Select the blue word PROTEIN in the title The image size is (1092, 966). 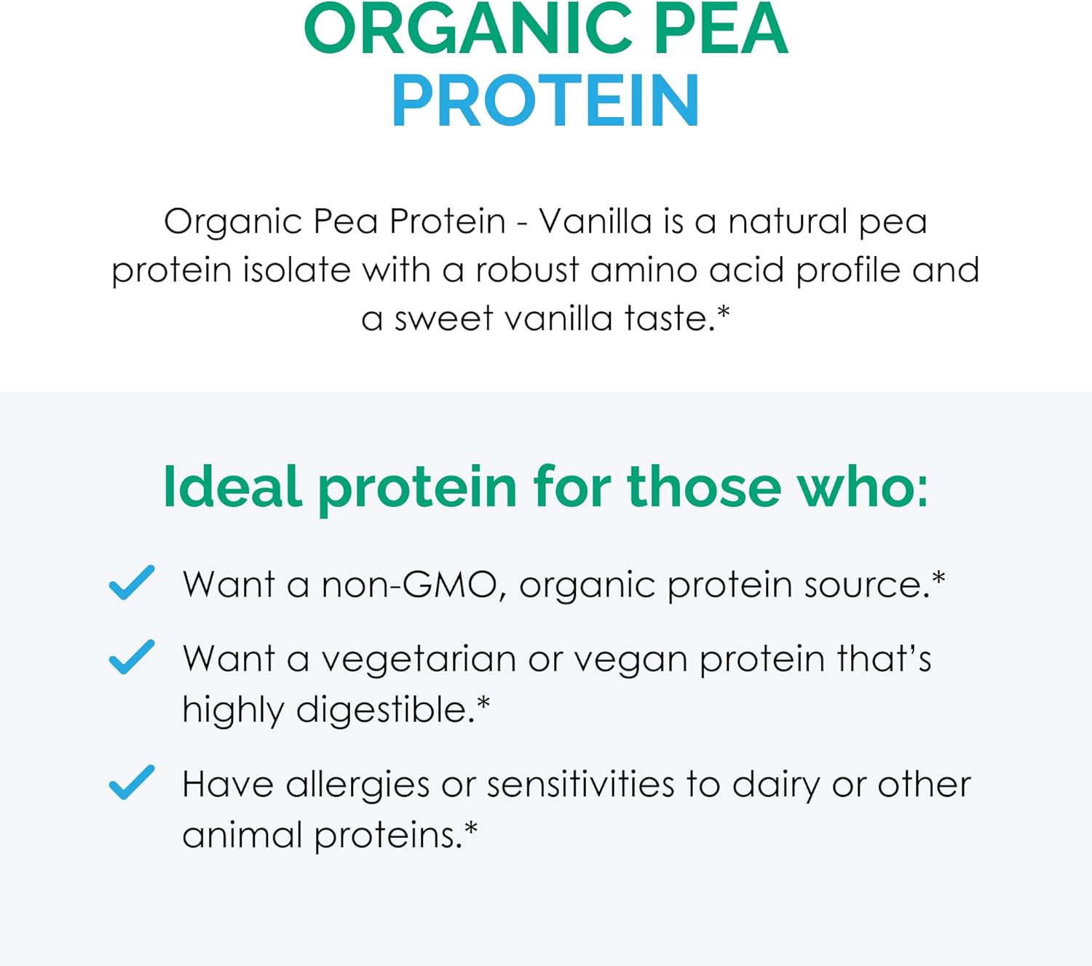point(545,100)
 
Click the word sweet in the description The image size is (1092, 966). point(443,318)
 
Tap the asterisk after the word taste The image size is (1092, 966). point(723,311)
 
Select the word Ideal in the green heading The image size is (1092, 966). point(232,486)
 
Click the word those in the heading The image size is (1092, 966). point(704,486)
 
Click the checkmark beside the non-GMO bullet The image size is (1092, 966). point(132,583)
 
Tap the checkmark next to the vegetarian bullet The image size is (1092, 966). point(132,657)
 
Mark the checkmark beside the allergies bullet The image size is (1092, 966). point(132,782)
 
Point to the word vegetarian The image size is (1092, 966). point(419,660)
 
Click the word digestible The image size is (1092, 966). point(385,710)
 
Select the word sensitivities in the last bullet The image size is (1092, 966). point(580,784)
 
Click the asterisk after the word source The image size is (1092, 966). point(938,578)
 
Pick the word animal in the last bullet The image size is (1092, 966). point(242,835)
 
